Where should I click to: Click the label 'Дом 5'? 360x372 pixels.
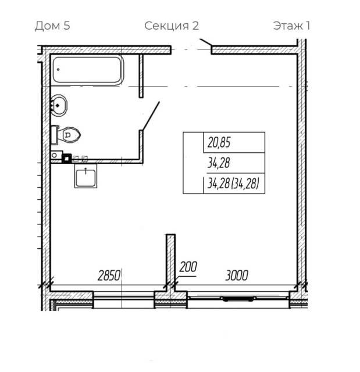coord(52,26)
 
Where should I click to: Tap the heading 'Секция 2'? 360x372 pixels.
coord(172,26)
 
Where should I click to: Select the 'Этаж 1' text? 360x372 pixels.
coord(291,26)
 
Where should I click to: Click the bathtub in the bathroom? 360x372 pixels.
coord(88,70)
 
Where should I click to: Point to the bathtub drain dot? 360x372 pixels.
coord(58,70)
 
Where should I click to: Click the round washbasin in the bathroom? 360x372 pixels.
coord(59,105)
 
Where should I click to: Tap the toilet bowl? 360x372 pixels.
coord(69,135)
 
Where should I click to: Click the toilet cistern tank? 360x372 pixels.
coord(55,135)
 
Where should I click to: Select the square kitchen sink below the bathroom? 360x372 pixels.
coord(85,176)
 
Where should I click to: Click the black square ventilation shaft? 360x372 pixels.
coord(67,159)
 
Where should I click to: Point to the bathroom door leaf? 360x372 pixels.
coord(151,116)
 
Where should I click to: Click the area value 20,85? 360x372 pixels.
coord(219,143)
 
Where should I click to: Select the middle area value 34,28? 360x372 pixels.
coord(219,163)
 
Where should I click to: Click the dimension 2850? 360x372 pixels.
coord(109,276)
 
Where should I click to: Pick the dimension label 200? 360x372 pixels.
coord(188,267)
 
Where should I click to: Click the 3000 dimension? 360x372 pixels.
coord(237,276)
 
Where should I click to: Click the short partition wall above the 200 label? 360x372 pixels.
coord(170,259)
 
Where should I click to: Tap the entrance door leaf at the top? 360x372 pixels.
coord(205,42)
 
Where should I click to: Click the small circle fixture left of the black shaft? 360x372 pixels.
coord(54,156)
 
